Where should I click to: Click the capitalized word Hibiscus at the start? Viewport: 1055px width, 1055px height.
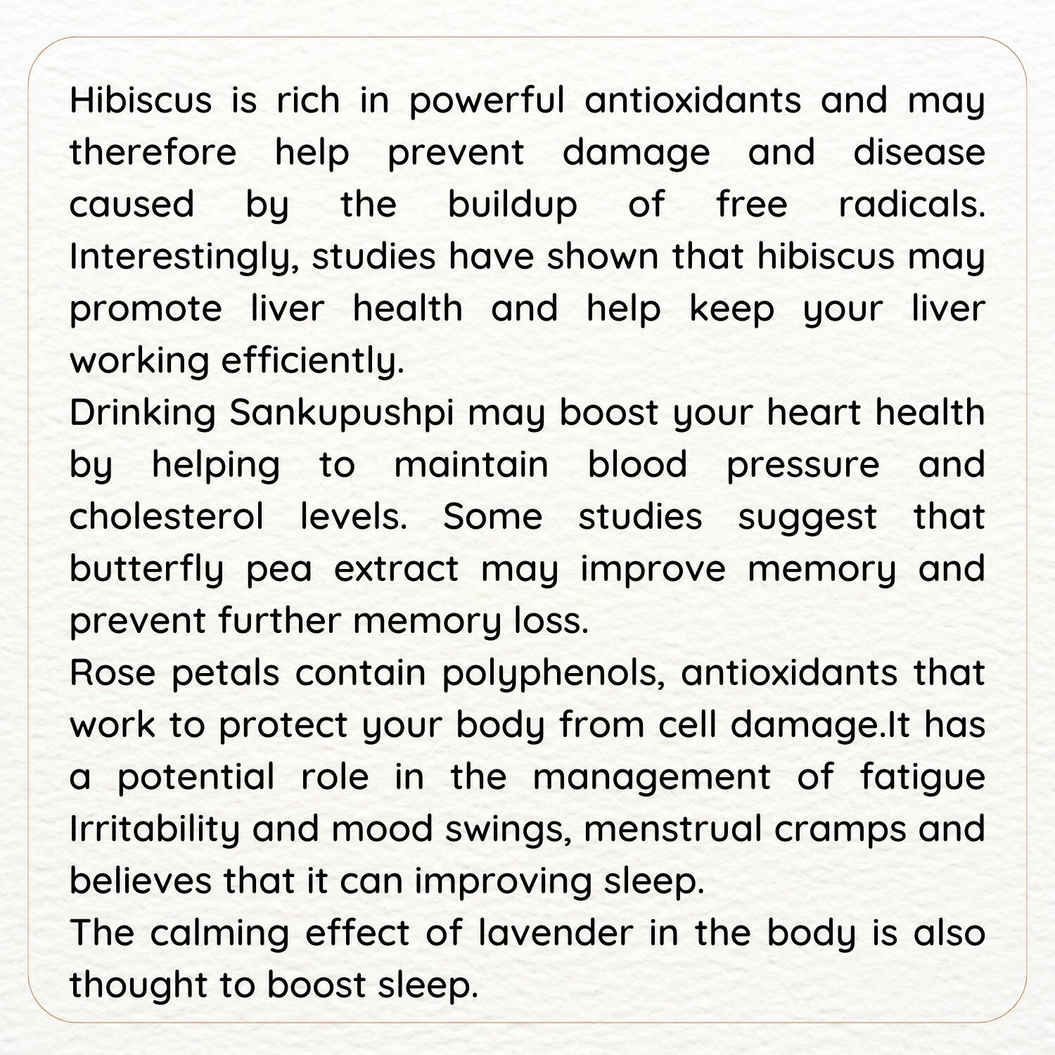[141, 101]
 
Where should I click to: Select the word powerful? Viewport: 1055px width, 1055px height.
[487, 101]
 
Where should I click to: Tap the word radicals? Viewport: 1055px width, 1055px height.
[912, 205]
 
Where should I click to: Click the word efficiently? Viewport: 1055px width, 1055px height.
[313, 362]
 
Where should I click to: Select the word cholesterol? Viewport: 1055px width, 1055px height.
[167, 517]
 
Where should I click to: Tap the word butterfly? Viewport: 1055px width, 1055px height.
[146, 569]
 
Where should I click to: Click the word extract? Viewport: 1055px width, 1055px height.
[396, 569]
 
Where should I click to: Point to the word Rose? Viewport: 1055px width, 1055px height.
[113, 673]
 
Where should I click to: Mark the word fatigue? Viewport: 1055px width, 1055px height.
[922, 777]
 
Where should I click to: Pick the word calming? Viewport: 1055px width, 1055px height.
[219, 933]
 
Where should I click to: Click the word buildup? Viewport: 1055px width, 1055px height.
[513, 205]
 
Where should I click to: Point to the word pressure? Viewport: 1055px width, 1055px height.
[803, 466]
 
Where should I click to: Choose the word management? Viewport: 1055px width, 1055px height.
[651, 777]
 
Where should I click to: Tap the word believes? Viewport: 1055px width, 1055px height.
[141, 881]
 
